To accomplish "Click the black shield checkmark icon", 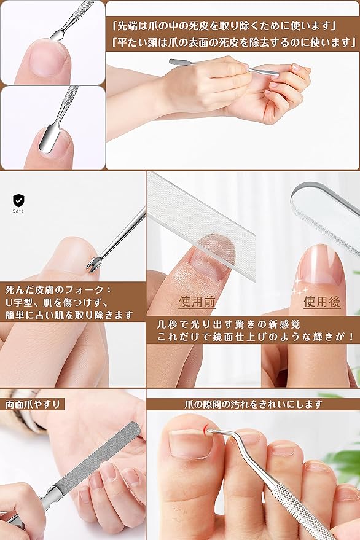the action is pos(18,200).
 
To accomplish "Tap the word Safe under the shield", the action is pos(18,211).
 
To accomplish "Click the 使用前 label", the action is pos(197,302).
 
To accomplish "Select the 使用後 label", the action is pos(322,302).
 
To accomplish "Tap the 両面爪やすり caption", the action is pos(33,404).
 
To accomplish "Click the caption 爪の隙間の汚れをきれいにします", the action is pos(253,404).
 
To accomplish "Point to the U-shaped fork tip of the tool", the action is pos(92,267).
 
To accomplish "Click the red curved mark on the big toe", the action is pos(205,428).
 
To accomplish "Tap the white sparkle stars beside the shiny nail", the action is pos(299,288).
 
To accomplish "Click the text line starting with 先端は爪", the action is pos(224,25).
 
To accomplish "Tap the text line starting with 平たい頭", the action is pos(234,42).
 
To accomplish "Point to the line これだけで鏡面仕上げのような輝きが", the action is pos(256,337).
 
